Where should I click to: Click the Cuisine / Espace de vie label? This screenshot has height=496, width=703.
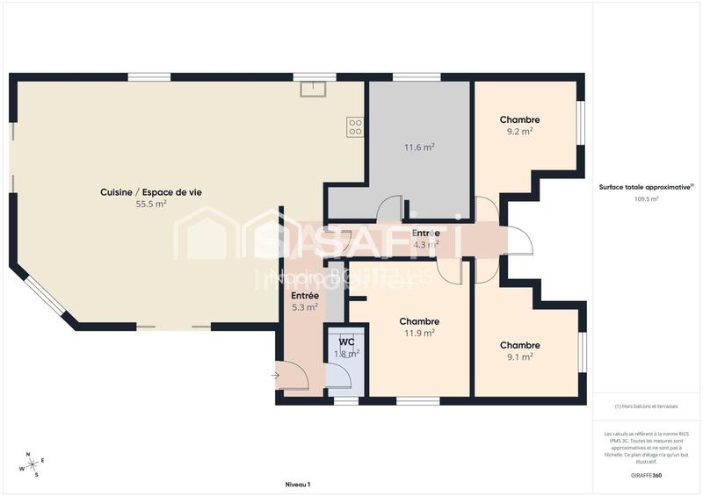(x=145, y=192)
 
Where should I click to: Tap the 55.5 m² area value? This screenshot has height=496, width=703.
(x=151, y=204)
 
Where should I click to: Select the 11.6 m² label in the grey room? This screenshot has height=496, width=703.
(x=419, y=147)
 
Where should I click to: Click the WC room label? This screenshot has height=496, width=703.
(x=346, y=341)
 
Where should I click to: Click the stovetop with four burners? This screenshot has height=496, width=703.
(x=355, y=126)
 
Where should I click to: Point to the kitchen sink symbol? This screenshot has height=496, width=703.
(x=312, y=89)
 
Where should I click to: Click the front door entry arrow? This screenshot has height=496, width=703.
(x=276, y=375)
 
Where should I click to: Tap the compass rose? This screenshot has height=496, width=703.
(x=32, y=464)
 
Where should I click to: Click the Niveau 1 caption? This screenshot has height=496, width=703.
(x=298, y=485)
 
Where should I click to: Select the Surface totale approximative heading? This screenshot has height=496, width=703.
(x=646, y=187)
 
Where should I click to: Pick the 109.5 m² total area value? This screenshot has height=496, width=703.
(x=646, y=198)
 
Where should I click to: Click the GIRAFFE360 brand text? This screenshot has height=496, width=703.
(x=646, y=474)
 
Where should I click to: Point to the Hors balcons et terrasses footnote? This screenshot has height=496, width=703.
(x=646, y=406)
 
